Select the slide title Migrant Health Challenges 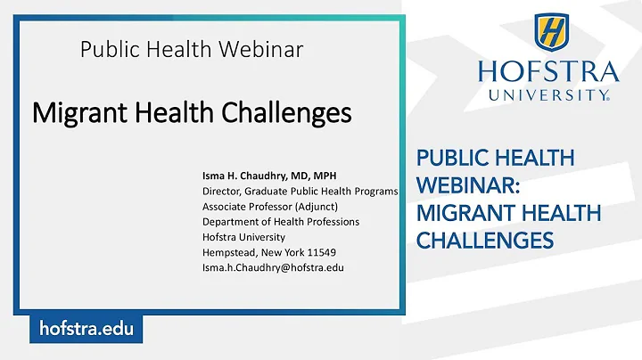(192, 113)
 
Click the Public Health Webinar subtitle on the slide (192, 50)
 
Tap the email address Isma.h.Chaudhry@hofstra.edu (273, 266)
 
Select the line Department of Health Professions (279, 221)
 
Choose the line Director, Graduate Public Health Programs (300, 191)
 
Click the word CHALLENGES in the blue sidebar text (485, 240)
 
